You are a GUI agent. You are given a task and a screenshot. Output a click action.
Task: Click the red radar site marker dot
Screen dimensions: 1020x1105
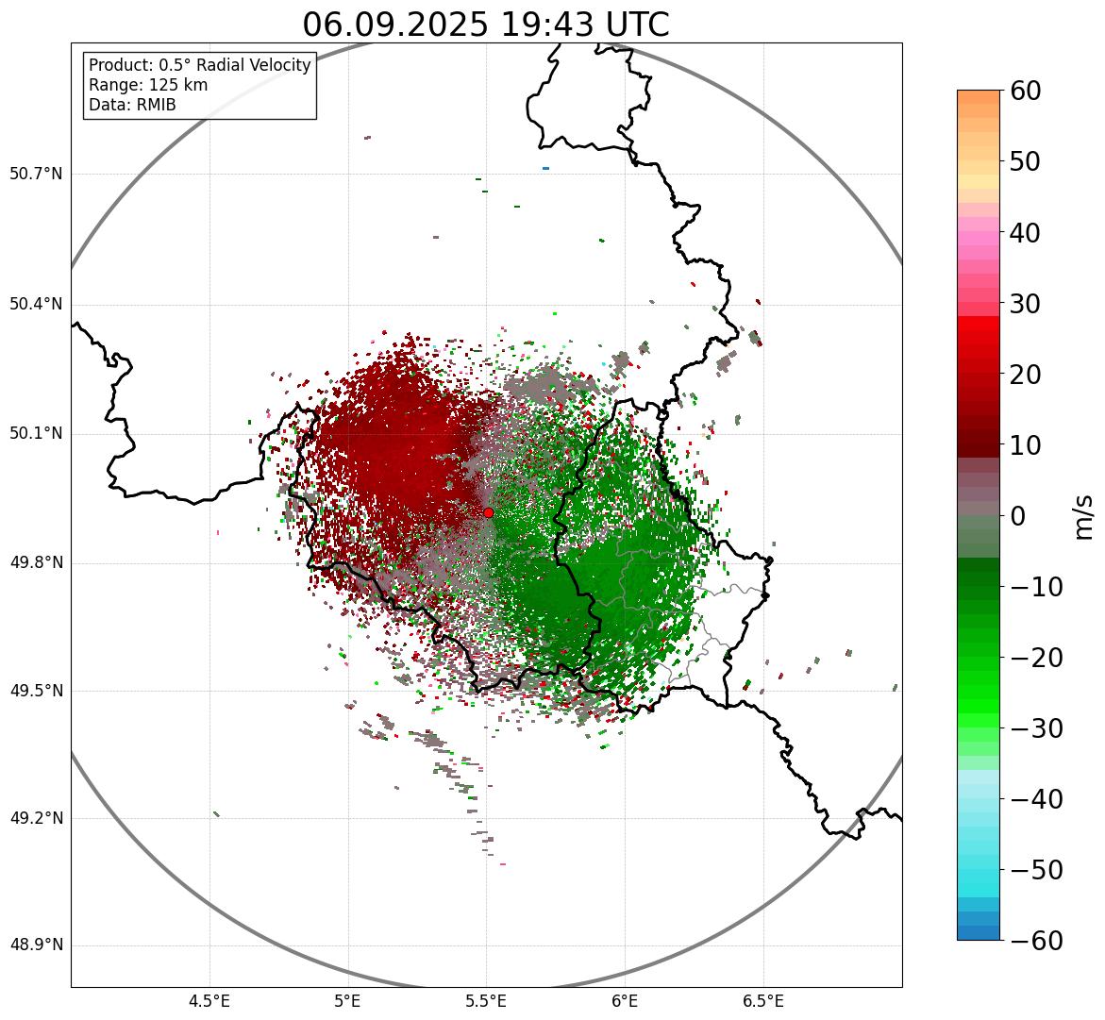(488, 512)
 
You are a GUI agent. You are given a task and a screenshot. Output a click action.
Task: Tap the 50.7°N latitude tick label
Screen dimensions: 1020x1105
(36, 175)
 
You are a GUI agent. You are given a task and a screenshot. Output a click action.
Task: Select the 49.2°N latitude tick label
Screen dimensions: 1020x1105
(36, 818)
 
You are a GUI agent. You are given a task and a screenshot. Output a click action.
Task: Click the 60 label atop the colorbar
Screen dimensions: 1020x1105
(1025, 91)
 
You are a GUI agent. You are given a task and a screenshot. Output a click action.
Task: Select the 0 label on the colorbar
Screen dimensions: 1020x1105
(1018, 516)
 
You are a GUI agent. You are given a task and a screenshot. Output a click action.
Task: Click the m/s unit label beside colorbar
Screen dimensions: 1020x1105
(1083, 516)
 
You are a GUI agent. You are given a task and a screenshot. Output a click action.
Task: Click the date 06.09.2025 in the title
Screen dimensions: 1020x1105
(393, 25)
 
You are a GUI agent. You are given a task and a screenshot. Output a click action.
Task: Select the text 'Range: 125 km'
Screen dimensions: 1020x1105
(148, 85)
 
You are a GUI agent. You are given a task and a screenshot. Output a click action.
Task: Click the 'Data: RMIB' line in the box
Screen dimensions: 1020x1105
(132, 105)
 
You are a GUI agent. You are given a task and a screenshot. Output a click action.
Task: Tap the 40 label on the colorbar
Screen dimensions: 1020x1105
(1025, 232)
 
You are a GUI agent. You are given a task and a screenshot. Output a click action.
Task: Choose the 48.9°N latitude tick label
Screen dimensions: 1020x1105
(36, 945)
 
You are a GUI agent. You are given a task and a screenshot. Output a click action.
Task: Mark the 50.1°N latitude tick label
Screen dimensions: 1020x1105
(36, 434)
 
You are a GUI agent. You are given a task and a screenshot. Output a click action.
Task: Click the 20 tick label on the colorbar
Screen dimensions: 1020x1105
(1025, 375)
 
